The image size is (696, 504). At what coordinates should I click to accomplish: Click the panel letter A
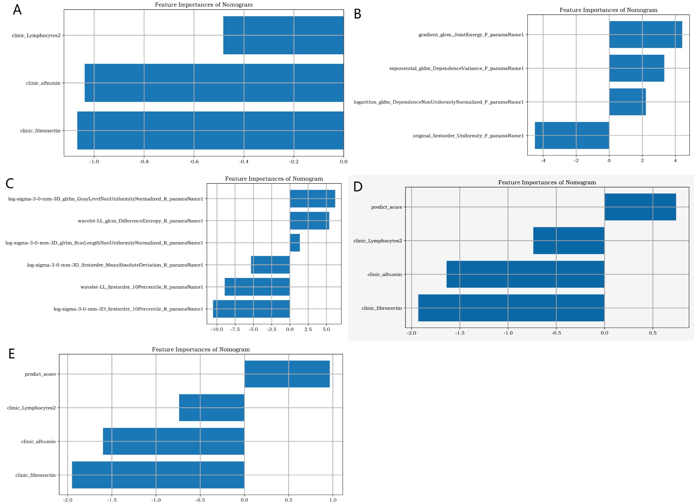tap(17, 10)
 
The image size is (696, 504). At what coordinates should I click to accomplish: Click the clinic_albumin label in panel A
tap(43, 83)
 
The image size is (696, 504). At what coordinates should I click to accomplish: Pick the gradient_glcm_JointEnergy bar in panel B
tap(645, 35)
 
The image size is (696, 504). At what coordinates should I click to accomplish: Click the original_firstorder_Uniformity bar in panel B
tap(572, 135)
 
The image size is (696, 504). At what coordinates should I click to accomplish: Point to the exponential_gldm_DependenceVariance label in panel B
tap(456, 68)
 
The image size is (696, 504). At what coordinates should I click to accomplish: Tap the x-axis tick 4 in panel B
tap(675, 161)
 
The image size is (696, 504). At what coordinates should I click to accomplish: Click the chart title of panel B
tap(608, 10)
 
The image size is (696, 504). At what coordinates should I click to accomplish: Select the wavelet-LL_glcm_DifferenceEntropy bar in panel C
tap(309, 221)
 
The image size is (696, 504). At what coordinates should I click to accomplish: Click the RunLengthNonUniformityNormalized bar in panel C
tap(295, 243)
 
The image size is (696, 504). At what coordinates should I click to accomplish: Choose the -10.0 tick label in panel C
tap(217, 329)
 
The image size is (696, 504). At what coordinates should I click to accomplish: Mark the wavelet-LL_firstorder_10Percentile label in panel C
tap(142, 287)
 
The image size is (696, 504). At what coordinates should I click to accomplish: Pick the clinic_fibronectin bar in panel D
tap(511, 308)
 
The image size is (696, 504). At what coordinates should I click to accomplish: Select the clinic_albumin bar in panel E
tap(173, 441)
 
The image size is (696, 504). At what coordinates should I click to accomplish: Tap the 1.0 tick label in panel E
tap(333, 500)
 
